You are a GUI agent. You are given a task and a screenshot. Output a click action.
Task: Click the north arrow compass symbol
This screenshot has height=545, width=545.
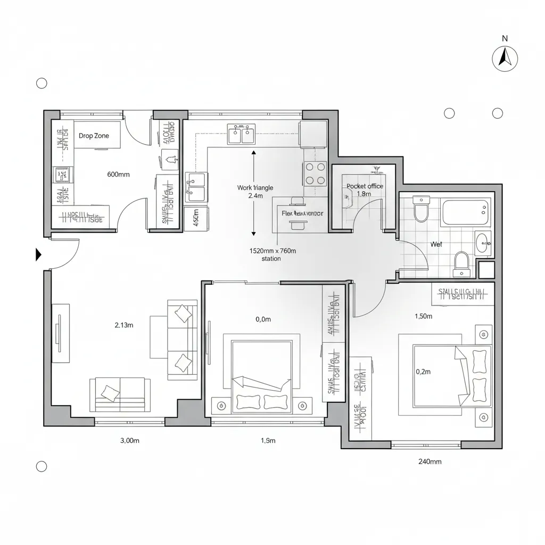pos(505,58)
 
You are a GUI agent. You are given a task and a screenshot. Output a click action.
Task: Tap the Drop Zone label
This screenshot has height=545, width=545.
pos(94,136)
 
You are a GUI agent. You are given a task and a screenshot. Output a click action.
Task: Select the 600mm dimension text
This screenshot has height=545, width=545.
pos(118,174)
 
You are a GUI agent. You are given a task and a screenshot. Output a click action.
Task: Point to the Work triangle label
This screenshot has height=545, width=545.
pos(255,188)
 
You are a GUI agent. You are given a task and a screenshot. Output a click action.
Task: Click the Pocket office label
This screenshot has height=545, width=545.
pos(365,186)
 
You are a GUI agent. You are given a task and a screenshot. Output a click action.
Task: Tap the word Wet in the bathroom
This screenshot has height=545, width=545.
pos(436,244)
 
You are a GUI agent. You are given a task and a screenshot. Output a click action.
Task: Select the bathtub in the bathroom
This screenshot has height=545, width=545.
pos(466,212)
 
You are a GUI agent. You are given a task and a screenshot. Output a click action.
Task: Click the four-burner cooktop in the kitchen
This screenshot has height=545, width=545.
pos(315,173)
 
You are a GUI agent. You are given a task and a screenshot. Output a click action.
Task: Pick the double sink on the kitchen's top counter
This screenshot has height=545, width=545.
pos(241,134)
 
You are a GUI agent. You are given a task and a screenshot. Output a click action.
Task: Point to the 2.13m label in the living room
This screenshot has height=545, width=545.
pos(123,325)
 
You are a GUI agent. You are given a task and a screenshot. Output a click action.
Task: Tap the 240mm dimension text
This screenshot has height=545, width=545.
pos(430,461)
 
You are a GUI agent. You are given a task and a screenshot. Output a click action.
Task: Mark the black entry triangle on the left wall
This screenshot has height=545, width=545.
pos(38,255)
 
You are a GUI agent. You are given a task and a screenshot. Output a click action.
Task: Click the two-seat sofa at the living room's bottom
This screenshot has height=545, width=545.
pos(120,394)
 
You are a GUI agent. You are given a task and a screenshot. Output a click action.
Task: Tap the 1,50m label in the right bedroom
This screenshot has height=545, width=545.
pos(423,316)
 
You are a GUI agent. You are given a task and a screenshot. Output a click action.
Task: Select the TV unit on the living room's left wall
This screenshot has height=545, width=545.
pos(60,333)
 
